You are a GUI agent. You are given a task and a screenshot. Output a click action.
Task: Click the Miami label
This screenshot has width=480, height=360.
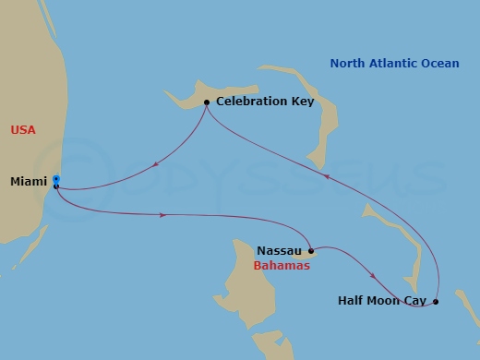point(29,181)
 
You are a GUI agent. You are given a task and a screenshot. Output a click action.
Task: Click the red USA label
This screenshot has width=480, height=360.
point(23,130)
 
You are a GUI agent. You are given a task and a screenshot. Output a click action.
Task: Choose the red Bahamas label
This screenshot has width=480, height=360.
point(281,265)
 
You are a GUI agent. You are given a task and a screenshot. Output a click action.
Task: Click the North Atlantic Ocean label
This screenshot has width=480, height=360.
point(395,63)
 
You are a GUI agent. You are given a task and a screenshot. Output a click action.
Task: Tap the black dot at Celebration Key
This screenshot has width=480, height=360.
point(206,102)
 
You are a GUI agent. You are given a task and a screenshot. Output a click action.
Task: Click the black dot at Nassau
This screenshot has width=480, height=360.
point(311,250)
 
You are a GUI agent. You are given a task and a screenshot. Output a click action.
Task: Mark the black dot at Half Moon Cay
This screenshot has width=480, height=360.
point(436,301)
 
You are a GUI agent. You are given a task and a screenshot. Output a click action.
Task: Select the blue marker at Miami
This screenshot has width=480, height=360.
point(56,180)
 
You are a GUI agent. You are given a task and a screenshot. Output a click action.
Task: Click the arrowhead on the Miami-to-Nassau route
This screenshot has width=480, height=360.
point(163,215)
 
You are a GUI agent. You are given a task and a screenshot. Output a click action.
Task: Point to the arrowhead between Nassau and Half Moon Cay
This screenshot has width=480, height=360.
point(372,275)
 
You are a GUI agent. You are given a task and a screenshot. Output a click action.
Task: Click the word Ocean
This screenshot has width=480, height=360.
point(441,63)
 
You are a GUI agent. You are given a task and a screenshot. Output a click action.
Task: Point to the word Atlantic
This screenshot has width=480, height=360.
point(394,63)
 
